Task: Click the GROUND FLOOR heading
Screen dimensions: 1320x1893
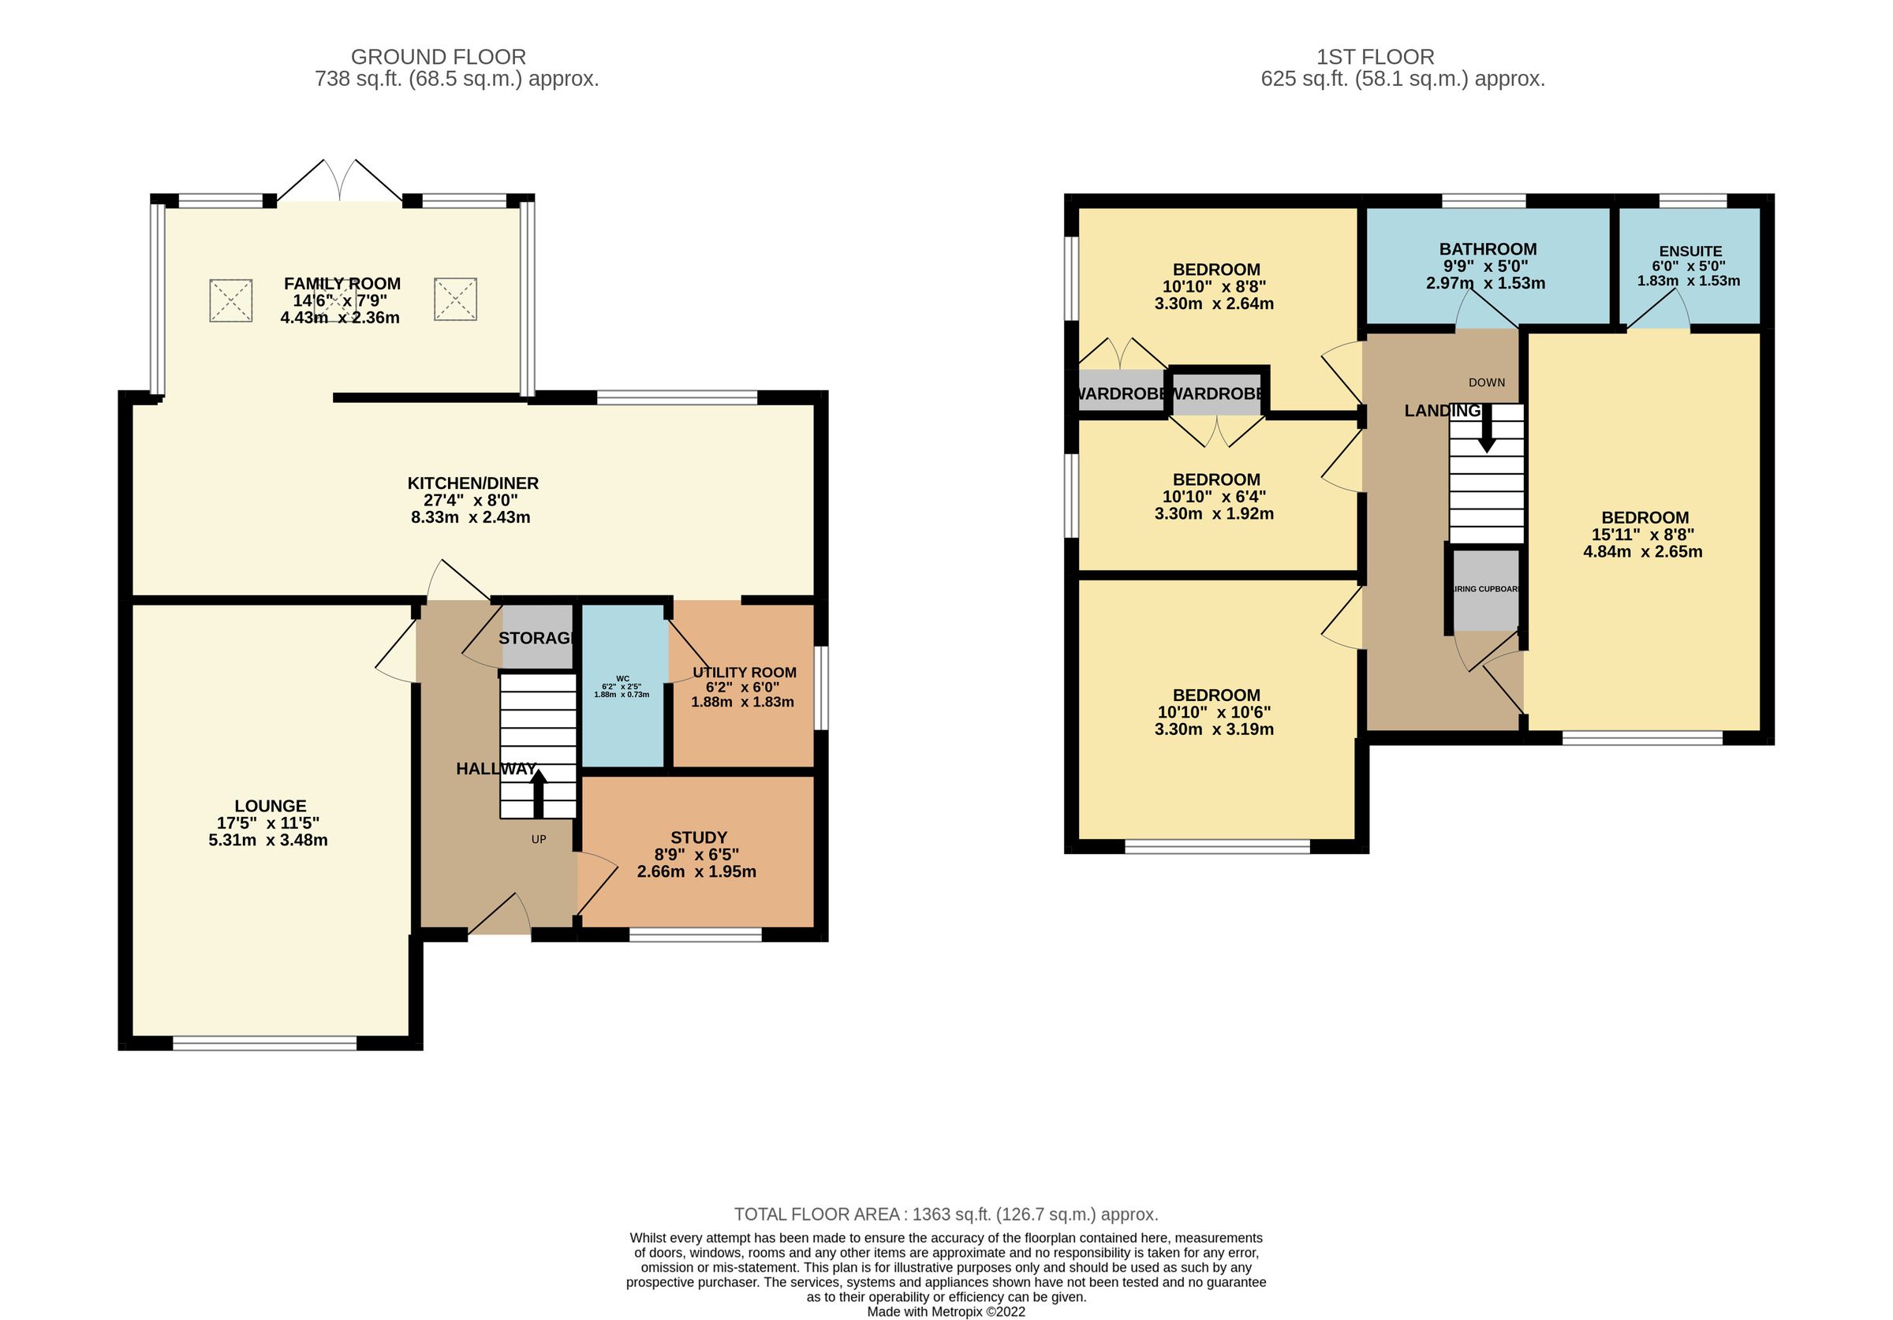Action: click(438, 57)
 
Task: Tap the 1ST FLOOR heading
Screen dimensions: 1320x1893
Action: click(1375, 57)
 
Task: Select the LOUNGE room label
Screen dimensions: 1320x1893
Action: click(270, 806)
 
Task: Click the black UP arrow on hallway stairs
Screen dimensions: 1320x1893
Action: click(538, 792)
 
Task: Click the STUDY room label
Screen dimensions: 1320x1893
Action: click(698, 837)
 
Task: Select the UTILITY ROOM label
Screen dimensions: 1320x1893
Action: click(744, 672)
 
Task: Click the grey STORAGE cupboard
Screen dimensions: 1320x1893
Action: click(536, 637)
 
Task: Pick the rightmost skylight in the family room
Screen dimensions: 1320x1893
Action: click(455, 300)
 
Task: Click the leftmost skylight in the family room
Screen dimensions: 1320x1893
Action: click(230, 300)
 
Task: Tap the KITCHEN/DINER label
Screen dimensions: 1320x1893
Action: click(472, 483)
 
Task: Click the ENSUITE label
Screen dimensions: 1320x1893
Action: click(1690, 252)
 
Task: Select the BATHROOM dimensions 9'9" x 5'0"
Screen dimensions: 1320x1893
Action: click(1485, 267)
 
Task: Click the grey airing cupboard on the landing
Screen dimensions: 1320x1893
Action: click(1485, 590)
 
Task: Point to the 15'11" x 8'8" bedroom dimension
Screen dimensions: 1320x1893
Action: click(1642, 535)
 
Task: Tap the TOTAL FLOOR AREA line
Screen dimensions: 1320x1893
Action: click(946, 1214)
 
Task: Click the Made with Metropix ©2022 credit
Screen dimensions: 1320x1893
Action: click(946, 1311)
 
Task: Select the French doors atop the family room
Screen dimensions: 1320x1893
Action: click(340, 181)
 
